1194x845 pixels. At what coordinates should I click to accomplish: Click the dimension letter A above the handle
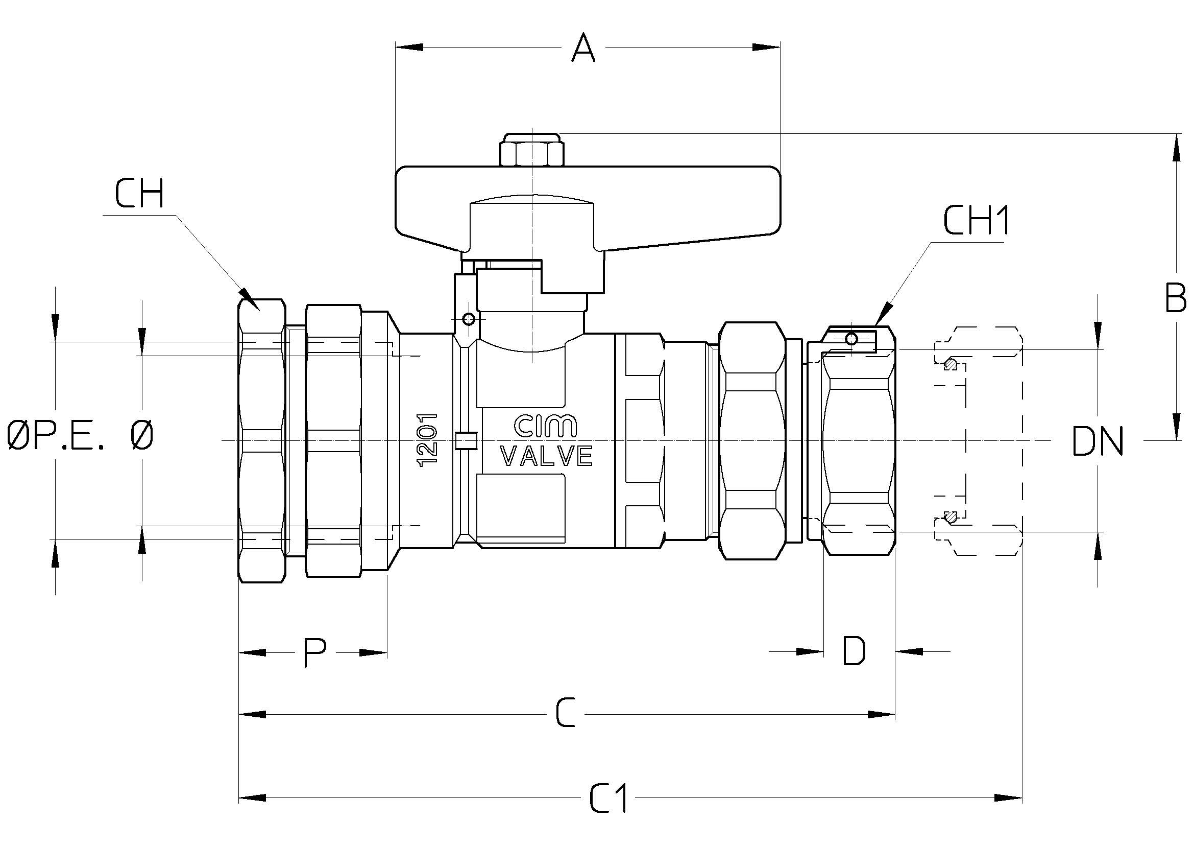point(583,48)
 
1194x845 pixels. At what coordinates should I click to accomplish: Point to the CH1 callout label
point(976,220)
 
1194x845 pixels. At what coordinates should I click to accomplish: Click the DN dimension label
point(1098,441)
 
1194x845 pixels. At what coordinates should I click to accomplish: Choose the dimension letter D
point(854,651)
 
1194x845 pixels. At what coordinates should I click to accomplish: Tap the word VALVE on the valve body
point(546,456)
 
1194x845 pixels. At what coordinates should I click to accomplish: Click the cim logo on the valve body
point(546,426)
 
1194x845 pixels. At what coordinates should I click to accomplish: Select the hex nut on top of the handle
point(531,150)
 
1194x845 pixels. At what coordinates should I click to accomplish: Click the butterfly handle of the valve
point(588,208)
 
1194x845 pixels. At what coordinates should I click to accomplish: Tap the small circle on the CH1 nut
point(851,339)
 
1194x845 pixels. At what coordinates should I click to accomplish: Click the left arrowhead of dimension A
point(409,48)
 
